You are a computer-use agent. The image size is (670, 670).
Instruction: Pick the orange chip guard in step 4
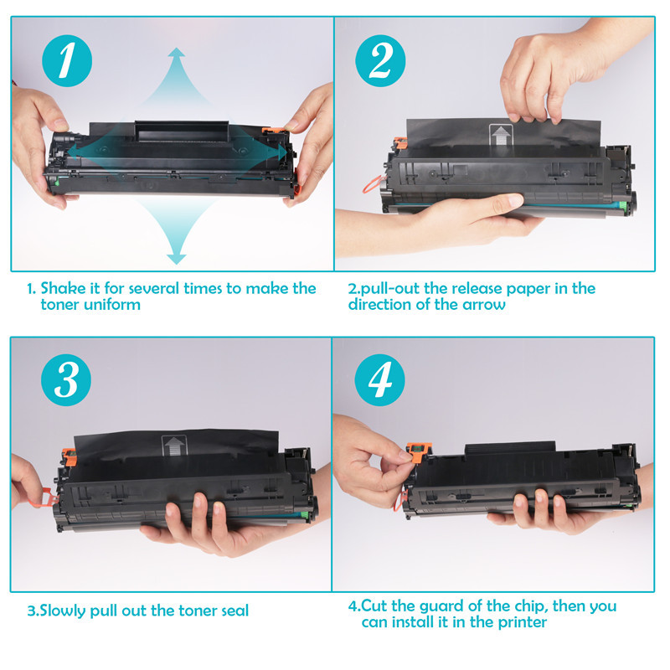[x=412, y=453]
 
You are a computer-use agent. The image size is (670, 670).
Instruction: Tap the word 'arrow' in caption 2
[x=485, y=305]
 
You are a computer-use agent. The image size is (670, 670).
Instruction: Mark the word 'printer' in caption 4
[x=519, y=622]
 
